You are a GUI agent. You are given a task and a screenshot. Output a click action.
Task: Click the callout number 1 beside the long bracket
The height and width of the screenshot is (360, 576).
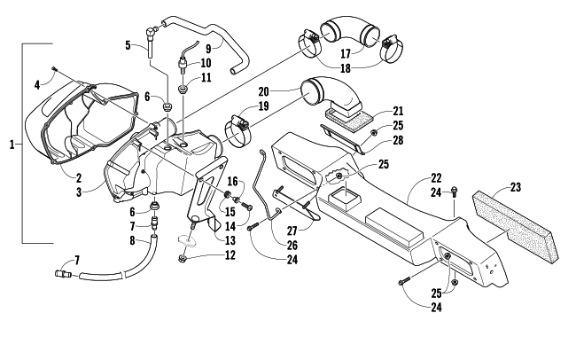coord(12,145)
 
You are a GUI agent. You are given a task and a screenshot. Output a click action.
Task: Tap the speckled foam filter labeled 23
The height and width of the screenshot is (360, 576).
coord(516,224)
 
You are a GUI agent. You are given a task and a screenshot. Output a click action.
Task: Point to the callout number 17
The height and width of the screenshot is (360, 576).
coord(346,54)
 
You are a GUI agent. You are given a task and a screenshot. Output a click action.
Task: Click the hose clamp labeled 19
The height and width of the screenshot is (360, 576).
coord(237,129)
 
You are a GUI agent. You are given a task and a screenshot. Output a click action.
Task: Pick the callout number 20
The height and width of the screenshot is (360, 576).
coord(264,91)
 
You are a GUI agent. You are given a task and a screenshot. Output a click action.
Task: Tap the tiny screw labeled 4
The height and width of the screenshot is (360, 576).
coord(54,68)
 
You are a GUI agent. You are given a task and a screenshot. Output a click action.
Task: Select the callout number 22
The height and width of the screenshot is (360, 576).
coord(436,178)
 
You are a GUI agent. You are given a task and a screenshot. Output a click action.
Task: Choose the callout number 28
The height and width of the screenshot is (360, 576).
coord(398,140)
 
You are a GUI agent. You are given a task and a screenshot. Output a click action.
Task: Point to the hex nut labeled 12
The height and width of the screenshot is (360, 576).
coord(182,259)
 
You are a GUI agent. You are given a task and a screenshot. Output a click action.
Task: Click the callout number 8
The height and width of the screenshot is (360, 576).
coord(133,241)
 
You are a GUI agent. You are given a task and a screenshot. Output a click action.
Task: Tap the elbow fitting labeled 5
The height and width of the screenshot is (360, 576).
coord(151,40)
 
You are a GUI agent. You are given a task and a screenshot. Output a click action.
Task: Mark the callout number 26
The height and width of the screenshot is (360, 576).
coord(292,245)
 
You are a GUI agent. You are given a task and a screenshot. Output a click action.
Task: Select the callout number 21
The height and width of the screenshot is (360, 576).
coord(398,111)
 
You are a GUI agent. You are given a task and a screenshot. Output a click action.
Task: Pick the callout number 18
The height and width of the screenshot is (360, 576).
coord(346,68)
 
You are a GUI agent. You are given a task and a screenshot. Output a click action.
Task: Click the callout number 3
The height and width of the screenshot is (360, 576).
coord(79,192)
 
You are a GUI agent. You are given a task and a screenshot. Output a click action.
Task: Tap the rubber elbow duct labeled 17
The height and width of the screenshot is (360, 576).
coord(348,34)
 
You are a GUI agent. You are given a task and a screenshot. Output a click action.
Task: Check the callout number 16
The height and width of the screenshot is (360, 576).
coord(232,181)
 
